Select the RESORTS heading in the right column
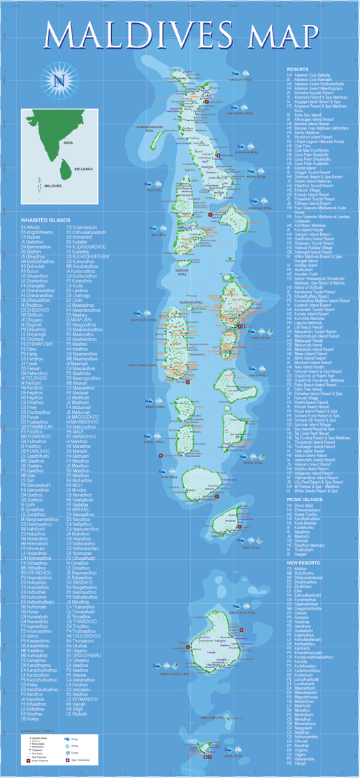point(298,70)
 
